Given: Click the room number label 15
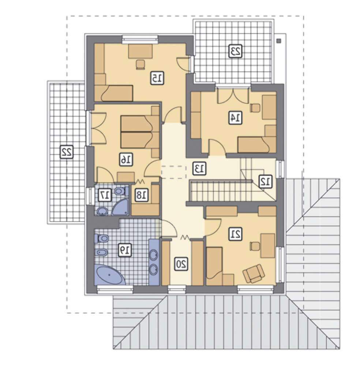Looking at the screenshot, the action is pos(157,78).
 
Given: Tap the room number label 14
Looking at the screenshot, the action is pos(235,117).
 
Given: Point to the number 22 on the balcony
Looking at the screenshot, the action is pos(67,152).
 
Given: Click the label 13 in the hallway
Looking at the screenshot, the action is pos(199,168).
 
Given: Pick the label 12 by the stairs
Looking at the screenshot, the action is pos(265,182).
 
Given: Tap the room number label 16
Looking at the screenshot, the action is pos(126,160).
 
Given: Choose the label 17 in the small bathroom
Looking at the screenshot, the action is pos(105,195).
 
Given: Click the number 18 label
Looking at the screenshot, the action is pos(141,195).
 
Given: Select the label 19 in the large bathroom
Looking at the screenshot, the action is pos(125,250).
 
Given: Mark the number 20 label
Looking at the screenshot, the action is pos(181,264).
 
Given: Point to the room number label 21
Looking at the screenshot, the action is pos(235,234).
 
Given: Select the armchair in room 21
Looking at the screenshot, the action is pos(254,273).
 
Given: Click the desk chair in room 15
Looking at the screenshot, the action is pos(140,64).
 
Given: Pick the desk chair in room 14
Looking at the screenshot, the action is pos(255,108).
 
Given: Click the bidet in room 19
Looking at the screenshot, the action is pos(101,253).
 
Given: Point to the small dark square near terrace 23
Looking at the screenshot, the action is pos(278,41).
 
